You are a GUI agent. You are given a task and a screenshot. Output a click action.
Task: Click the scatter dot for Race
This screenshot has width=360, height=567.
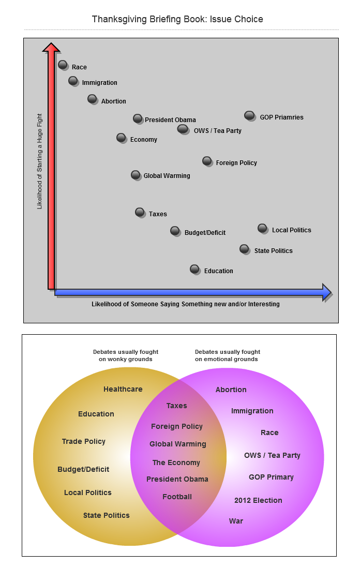click(x=63, y=65)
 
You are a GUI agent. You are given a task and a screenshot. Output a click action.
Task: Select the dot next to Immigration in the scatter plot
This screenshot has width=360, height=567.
click(x=73, y=80)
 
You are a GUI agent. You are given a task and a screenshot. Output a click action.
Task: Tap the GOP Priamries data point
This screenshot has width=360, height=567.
click(x=249, y=115)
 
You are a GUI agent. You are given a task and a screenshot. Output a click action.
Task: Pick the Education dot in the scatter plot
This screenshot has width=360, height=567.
click(x=194, y=268)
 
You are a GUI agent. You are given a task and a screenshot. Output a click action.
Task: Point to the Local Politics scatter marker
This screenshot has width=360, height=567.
click(x=262, y=228)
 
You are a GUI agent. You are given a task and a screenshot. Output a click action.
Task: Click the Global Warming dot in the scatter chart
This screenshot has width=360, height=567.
click(x=136, y=175)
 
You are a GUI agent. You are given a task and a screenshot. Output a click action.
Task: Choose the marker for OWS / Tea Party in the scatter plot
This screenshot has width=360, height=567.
click(x=183, y=128)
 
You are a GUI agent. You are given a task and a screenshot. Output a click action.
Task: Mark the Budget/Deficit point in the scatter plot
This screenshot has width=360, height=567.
click(x=175, y=230)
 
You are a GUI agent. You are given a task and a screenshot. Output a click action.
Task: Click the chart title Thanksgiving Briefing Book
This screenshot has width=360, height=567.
click(x=177, y=19)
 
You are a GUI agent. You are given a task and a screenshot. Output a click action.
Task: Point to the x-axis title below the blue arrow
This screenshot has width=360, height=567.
click(x=185, y=304)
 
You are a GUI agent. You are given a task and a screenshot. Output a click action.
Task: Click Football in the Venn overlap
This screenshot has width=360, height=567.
click(x=177, y=497)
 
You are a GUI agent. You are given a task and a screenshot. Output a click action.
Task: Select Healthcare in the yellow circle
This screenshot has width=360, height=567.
click(x=123, y=389)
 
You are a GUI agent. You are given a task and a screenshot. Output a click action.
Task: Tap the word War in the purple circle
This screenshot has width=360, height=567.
click(x=236, y=521)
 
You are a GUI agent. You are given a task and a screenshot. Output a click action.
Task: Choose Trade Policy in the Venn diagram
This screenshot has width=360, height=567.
click(x=83, y=441)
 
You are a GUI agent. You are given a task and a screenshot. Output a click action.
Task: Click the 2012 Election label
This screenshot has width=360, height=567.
click(x=258, y=500)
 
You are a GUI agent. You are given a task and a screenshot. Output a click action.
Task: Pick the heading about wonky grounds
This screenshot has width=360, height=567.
click(x=126, y=355)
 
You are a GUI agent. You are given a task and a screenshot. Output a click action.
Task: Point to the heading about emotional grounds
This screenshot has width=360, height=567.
click(x=228, y=355)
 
